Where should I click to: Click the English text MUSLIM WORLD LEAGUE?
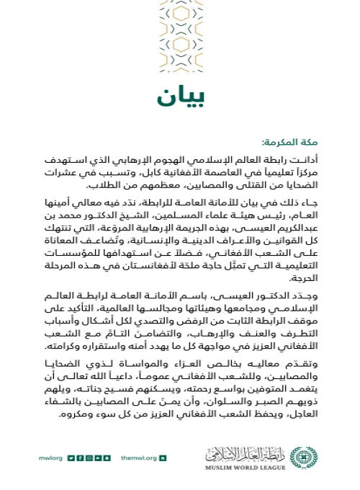pyautogui.click(x=248, y=469)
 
